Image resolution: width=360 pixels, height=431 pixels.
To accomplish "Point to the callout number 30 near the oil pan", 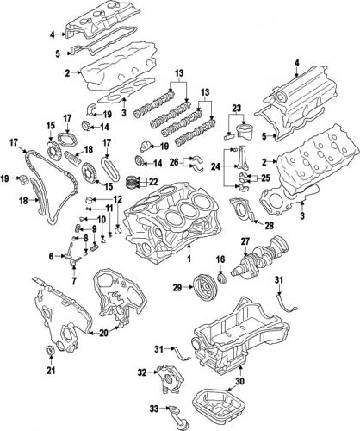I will coord(240,380).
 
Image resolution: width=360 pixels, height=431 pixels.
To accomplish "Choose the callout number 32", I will coord(140,372).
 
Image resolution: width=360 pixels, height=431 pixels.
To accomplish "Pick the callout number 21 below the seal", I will coord(51,371).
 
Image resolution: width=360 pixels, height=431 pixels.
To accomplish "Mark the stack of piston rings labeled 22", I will coord(133,182).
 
